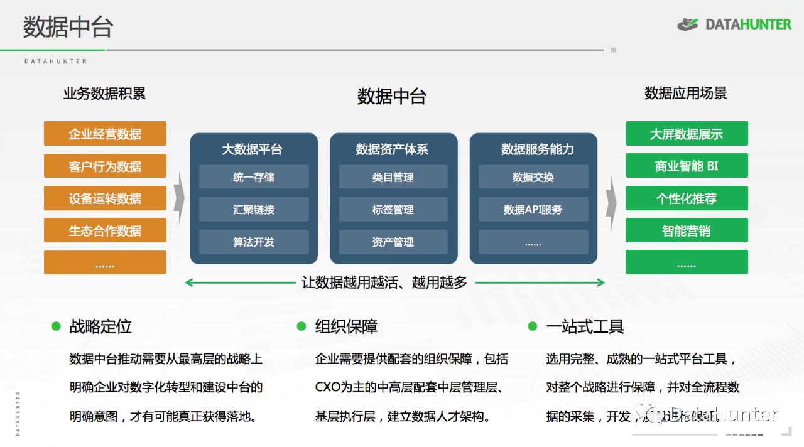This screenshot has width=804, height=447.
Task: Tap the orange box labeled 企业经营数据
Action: (105, 134)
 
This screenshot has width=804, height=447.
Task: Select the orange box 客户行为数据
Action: (105, 166)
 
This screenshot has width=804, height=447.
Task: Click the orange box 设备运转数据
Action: (105, 198)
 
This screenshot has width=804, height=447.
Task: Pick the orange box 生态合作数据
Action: (105, 230)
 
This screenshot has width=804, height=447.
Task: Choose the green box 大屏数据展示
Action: (687, 134)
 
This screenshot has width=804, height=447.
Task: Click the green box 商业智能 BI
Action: (687, 166)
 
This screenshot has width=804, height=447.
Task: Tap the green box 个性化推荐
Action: (687, 198)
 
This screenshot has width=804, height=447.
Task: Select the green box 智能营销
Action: (687, 230)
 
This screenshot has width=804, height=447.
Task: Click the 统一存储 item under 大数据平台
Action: (254, 177)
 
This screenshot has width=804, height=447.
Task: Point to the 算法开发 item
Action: (254, 242)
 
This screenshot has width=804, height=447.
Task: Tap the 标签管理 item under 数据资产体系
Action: (393, 210)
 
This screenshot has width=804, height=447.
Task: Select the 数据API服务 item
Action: (533, 210)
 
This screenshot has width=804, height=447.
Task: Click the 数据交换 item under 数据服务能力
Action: (533, 177)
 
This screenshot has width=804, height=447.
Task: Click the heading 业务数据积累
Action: (104, 94)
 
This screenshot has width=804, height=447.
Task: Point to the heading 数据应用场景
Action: (686, 94)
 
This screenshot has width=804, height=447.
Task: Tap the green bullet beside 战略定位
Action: (56, 326)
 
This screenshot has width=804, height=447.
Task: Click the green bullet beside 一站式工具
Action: (533, 326)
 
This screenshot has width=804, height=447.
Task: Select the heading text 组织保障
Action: (346, 326)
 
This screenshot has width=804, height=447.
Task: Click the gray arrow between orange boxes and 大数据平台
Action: (178, 197)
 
